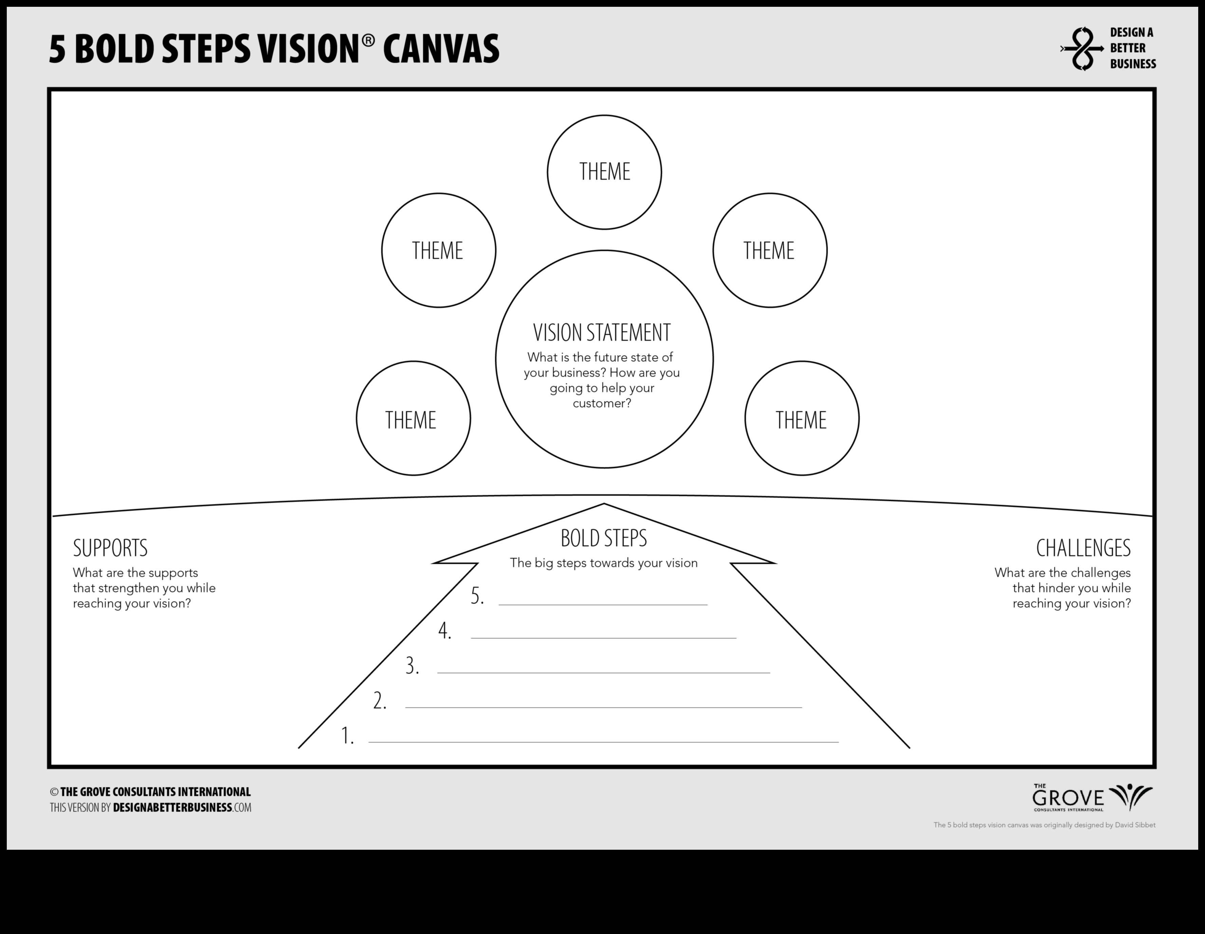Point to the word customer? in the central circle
point(602,404)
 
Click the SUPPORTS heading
point(110,548)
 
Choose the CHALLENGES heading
point(1083,548)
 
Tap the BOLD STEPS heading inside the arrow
point(604,538)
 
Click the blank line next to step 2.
point(604,707)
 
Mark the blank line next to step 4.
point(604,638)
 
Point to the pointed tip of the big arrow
point(604,504)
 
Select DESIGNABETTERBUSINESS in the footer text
point(172,808)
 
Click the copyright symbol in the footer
point(54,792)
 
